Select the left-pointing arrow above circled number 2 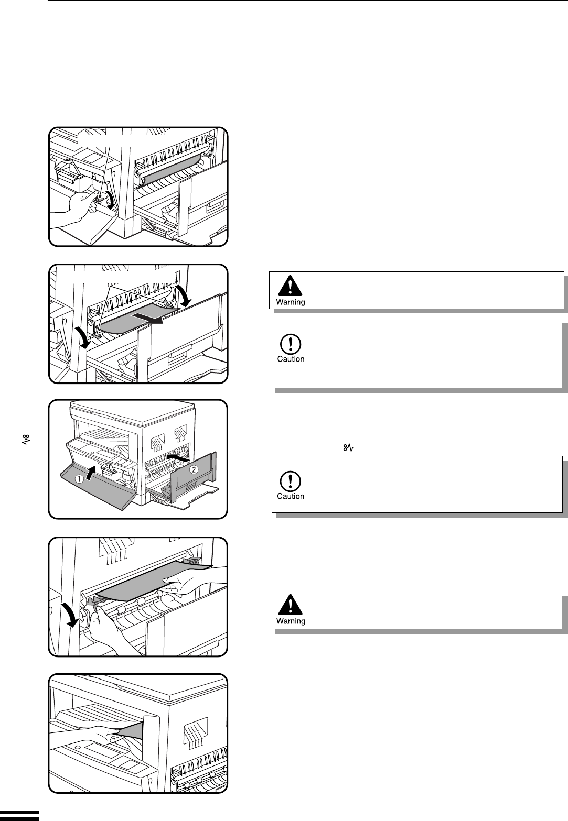[x=178, y=458]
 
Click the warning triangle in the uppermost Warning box [x=290, y=286]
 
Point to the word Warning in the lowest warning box [x=291, y=621]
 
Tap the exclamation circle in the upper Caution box [x=290, y=344]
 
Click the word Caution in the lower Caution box [x=291, y=496]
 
